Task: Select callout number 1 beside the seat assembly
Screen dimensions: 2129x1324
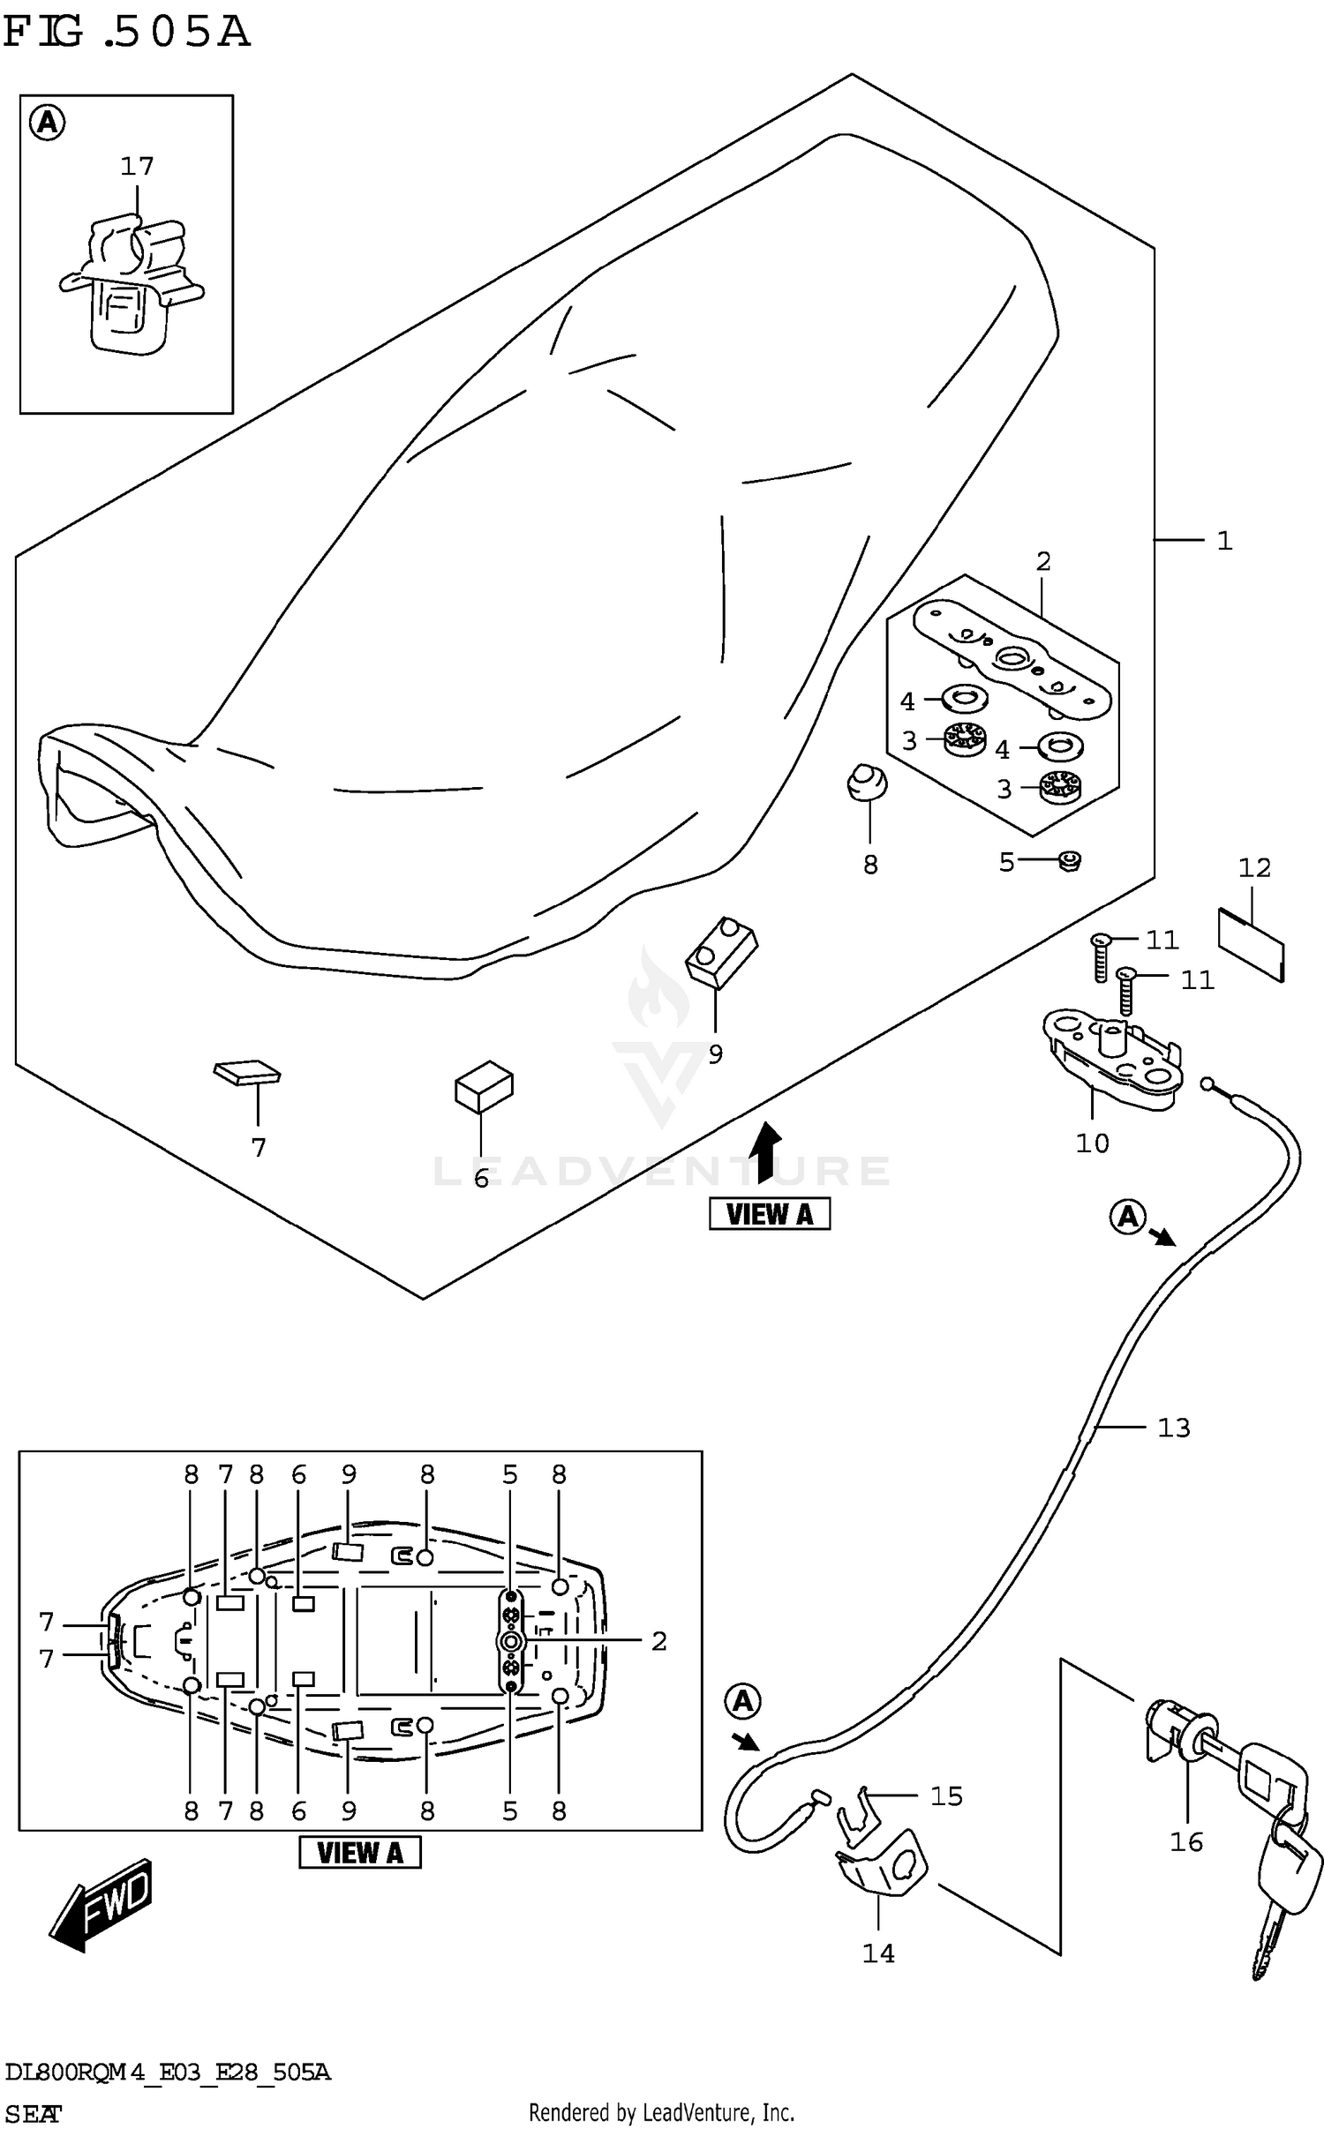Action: coord(1224,541)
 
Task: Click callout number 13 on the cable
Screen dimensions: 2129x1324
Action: coord(1173,1428)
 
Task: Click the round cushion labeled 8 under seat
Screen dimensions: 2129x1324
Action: coord(867,783)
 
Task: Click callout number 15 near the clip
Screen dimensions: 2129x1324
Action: coord(946,1796)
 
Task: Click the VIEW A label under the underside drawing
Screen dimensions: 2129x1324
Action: coord(360,1853)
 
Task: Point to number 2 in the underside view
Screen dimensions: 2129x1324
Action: coord(658,1641)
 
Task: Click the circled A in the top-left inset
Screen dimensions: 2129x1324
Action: coord(48,123)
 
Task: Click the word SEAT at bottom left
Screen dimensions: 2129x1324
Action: coord(34,2113)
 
